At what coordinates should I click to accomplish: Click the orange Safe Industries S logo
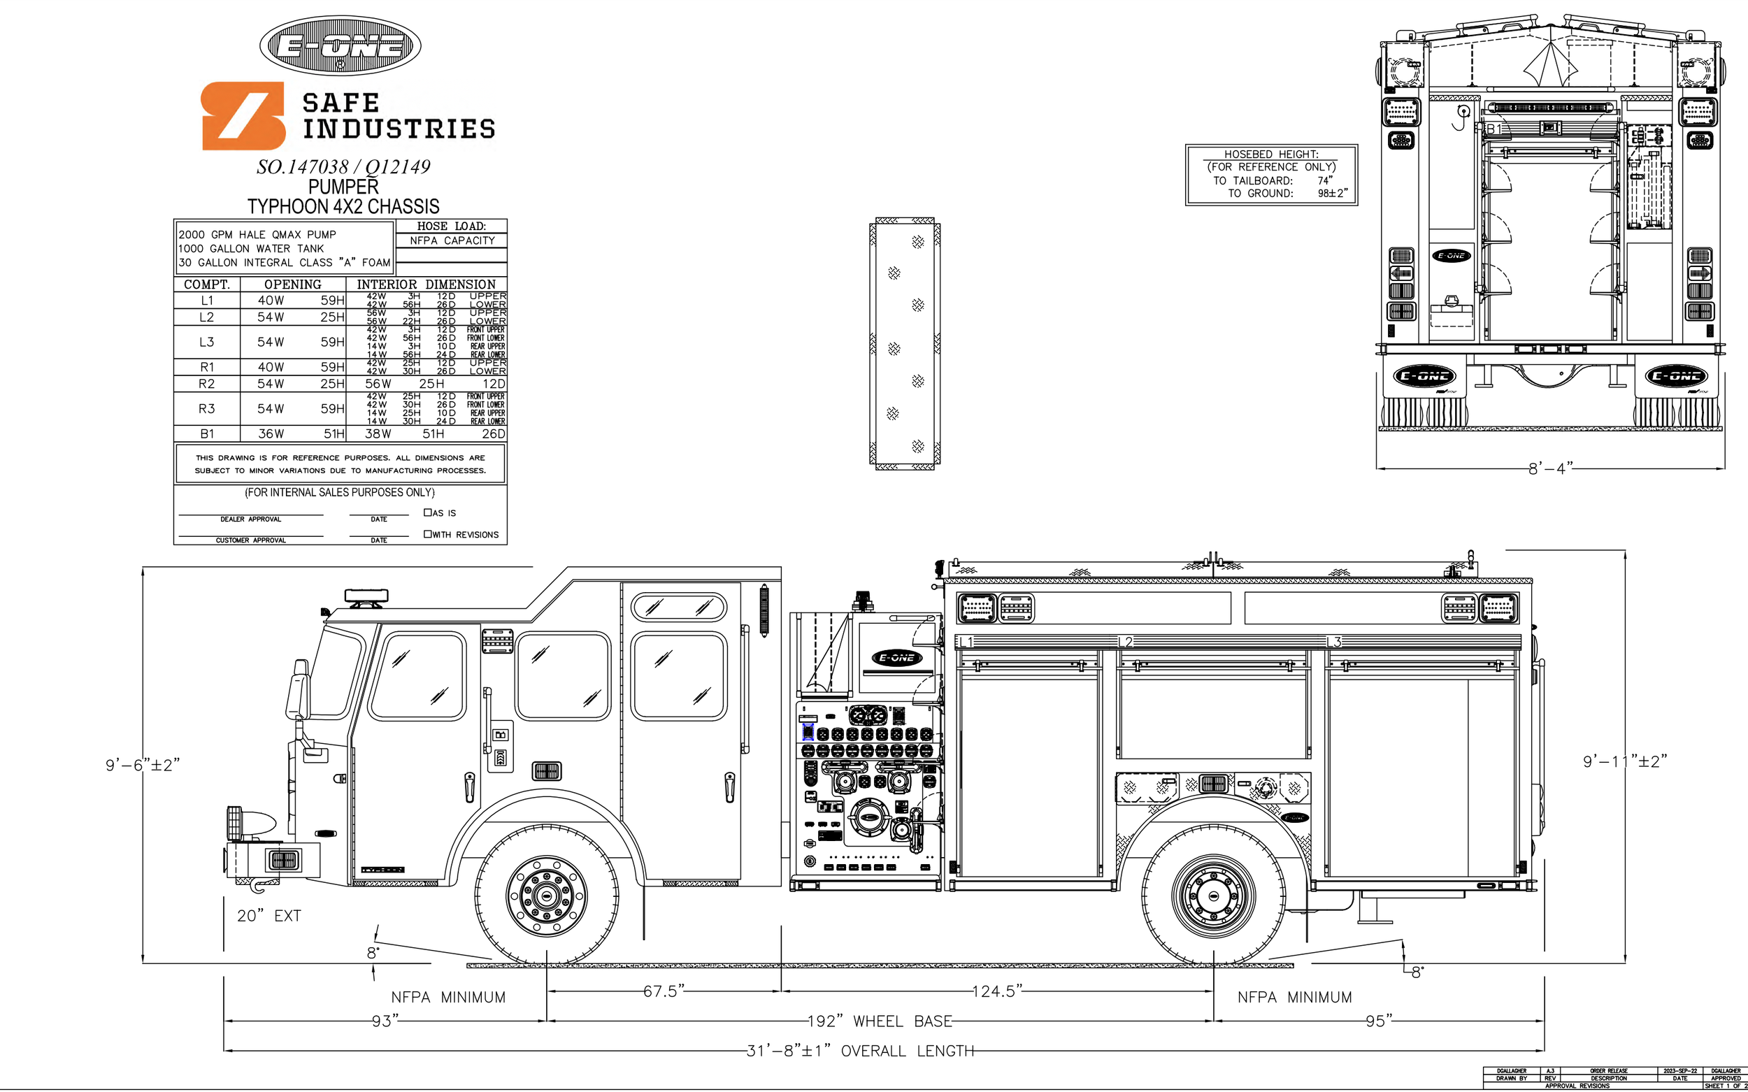[x=242, y=115]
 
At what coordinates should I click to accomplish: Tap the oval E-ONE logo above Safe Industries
[x=341, y=45]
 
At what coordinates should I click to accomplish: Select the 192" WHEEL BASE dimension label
[x=879, y=1021]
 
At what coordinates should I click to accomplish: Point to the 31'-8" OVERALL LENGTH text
[x=859, y=1051]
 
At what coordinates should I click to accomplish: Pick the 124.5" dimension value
[x=997, y=991]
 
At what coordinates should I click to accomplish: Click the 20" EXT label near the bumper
[x=268, y=916]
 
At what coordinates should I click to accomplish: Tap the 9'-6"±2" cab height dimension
[x=143, y=765]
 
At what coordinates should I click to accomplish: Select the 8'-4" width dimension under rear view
[x=1550, y=468]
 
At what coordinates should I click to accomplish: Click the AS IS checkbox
[x=428, y=512]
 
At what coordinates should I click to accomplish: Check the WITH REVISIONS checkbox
[x=428, y=533]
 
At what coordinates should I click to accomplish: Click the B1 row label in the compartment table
[x=206, y=433]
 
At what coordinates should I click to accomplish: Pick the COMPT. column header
[x=206, y=285]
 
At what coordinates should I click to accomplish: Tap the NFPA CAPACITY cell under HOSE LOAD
[x=452, y=240]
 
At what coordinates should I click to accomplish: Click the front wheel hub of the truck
[x=547, y=896]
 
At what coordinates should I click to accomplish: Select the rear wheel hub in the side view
[x=1214, y=896]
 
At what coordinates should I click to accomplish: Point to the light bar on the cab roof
[x=366, y=597]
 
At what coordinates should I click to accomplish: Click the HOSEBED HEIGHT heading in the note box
[x=1270, y=154]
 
